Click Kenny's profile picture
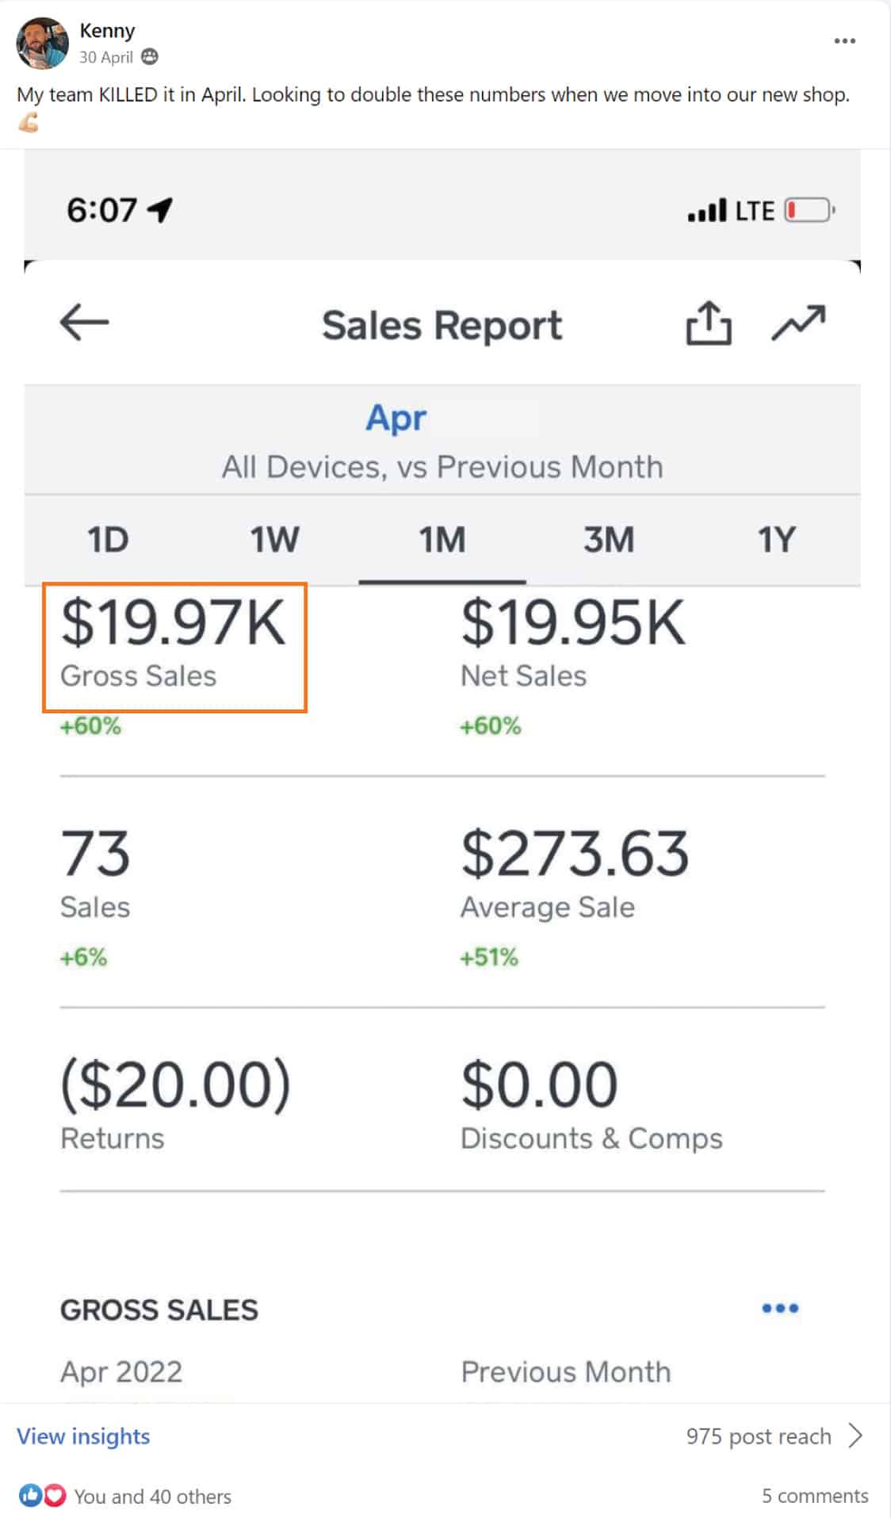tap(42, 44)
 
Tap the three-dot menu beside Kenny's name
tap(844, 41)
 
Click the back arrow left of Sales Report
tap(84, 323)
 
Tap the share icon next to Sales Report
tap(708, 323)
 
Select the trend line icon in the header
tap(798, 323)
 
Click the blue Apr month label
tap(396, 417)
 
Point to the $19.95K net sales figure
tap(572, 623)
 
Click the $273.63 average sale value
tap(575, 854)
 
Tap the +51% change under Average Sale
tap(489, 957)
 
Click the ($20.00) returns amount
tap(176, 1084)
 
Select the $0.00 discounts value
tap(539, 1084)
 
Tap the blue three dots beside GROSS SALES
tap(779, 1308)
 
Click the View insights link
tap(83, 1436)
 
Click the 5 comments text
tap(814, 1496)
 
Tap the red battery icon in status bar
tap(808, 211)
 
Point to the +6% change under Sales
tap(83, 957)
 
